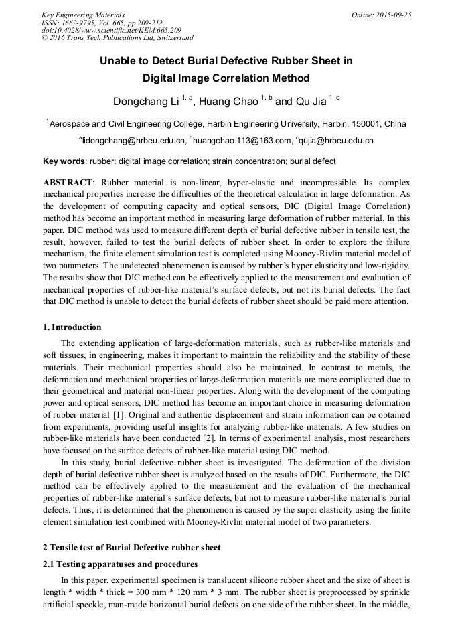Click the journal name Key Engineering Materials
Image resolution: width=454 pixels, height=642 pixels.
pyautogui.click(x=83, y=14)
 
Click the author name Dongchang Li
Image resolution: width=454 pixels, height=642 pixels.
pyautogui.click(x=145, y=102)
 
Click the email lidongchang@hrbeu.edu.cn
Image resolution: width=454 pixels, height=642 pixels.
pyautogui.click(x=133, y=141)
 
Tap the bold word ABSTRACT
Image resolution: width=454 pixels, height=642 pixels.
pyautogui.click(x=68, y=183)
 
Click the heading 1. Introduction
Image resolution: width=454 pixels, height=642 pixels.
pyautogui.click(x=72, y=327)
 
